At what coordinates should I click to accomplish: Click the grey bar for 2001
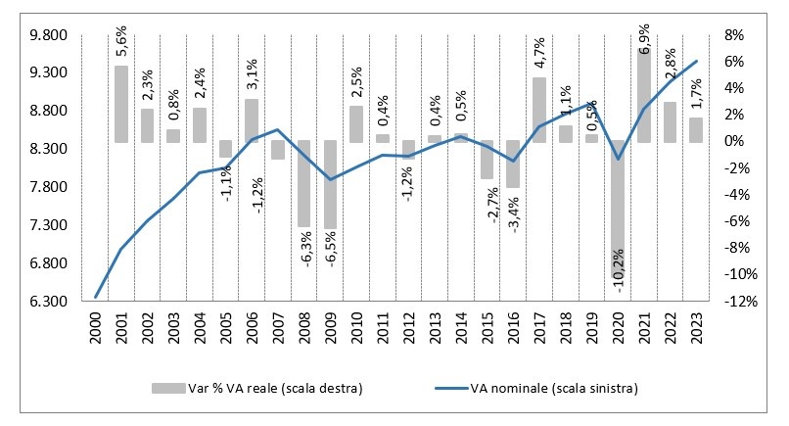click(x=121, y=104)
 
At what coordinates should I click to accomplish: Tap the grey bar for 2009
click(x=331, y=184)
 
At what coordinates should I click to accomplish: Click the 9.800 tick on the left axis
click(x=44, y=35)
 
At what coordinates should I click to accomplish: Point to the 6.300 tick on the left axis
click(x=44, y=302)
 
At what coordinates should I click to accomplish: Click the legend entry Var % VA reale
click(x=257, y=389)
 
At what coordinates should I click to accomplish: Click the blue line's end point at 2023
click(x=696, y=61)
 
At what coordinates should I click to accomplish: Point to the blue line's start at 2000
click(x=96, y=297)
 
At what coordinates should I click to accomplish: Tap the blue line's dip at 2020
click(x=618, y=159)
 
